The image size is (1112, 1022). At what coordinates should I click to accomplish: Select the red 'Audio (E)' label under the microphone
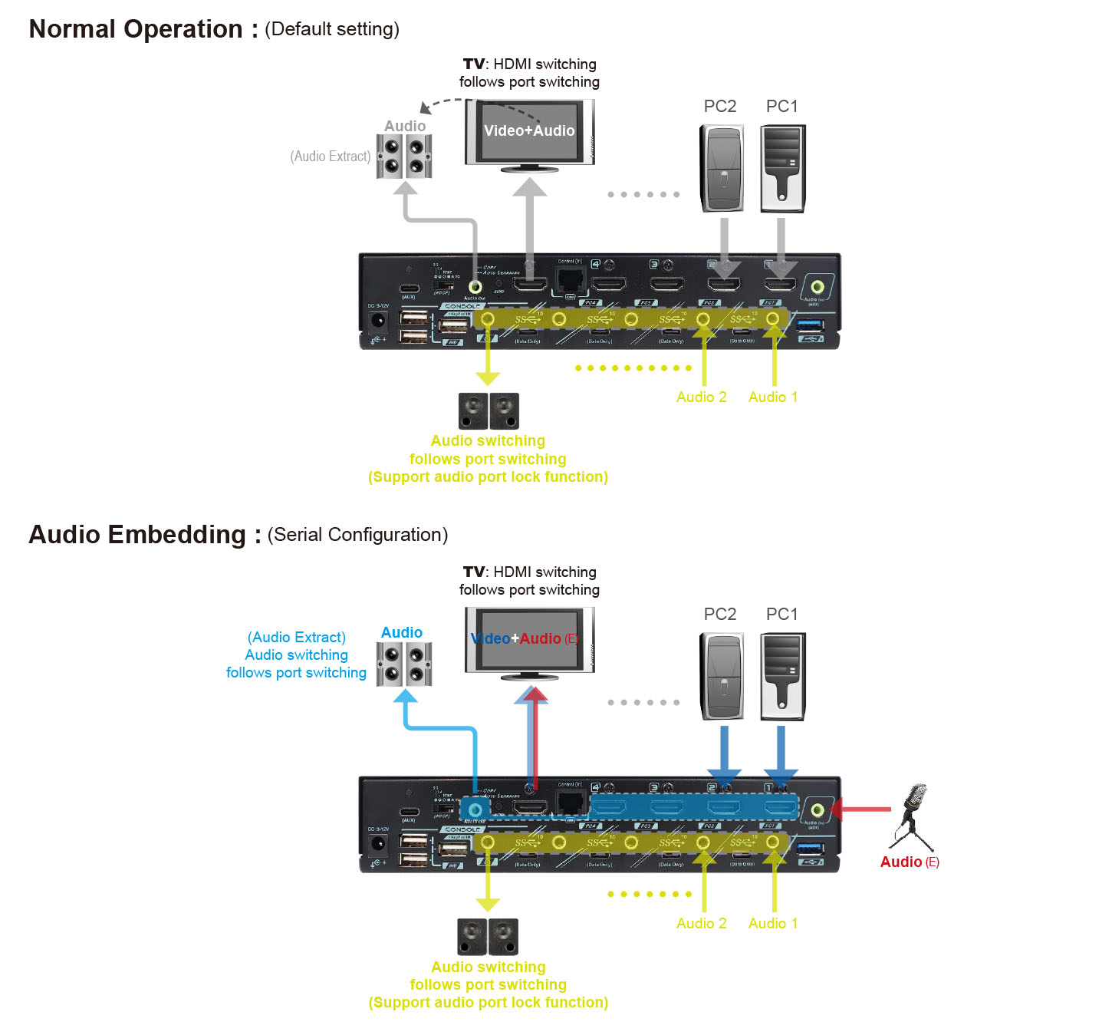click(909, 862)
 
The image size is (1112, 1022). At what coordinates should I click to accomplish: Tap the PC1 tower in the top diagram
click(782, 168)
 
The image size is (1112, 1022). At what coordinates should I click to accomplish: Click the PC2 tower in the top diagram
click(722, 168)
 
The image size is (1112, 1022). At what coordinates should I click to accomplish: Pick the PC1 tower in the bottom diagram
click(782, 676)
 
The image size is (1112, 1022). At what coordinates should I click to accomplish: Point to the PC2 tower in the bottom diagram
click(722, 676)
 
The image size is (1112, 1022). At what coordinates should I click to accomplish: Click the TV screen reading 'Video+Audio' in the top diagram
click(529, 131)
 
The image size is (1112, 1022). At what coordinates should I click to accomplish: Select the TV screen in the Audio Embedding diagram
click(529, 639)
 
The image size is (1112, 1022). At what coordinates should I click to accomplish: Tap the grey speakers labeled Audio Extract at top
click(404, 156)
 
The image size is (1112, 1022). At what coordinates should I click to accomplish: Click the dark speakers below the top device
click(489, 411)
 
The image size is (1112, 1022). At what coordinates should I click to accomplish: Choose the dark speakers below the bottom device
click(488, 937)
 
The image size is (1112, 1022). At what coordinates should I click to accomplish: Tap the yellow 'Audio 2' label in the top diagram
click(701, 397)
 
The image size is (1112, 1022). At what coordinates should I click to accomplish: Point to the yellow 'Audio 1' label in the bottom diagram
click(772, 923)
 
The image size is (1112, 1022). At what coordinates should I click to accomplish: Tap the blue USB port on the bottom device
click(811, 848)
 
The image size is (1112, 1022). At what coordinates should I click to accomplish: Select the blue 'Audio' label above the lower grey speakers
click(402, 632)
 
